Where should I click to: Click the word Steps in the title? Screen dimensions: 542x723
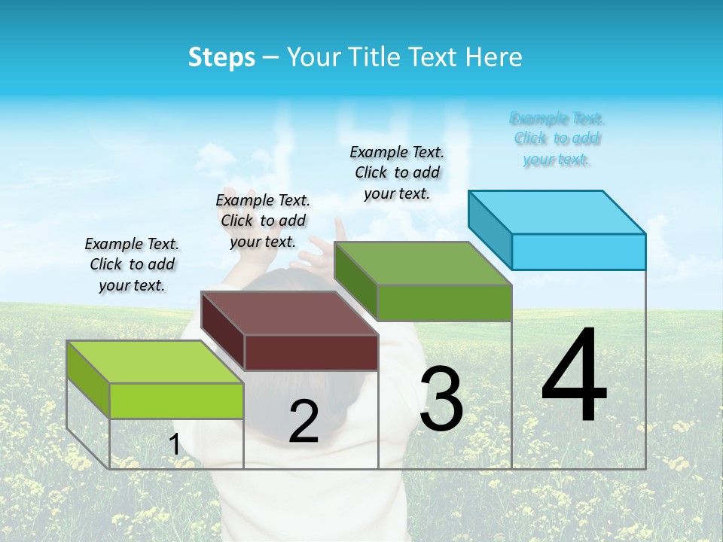pyautogui.click(x=221, y=57)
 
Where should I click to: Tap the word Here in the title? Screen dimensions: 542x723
pyautogui.click(x=494, y=57)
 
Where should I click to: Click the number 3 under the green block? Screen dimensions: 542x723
pyautogui.click(x=441, y=398)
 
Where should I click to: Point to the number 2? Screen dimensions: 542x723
pyautogui.click(x=304, y=422)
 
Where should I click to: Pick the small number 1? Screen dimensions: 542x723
pyautogui.click(x=174, y=444)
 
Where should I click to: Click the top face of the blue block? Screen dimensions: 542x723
pyautogui.click(x=557, y=212)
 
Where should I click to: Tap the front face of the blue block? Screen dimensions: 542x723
pyautogui.click(x=578, y=251)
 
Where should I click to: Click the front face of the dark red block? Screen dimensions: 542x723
pyautogui.click(x=311, y=352)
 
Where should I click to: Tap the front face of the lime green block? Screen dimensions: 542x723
pyautogui.click(x=176, y=400)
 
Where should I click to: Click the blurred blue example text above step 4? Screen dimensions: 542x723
pyautogui.click(x=557, y=139)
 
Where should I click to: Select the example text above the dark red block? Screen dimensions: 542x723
pyautogui.click(x=263, y=221)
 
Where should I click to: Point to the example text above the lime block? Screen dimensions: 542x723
pyautogui.click(x=132, y=264)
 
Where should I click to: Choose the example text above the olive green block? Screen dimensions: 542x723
pyautogui.click(x=397, y=172)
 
